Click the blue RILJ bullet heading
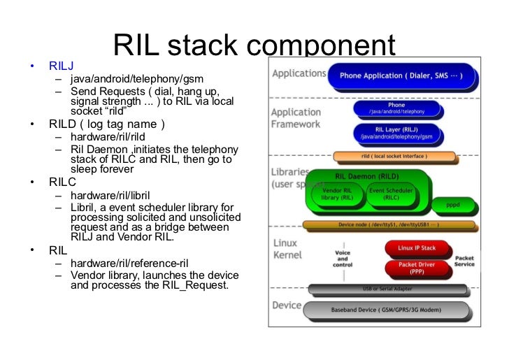(60, 66)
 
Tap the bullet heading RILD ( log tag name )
(106, 124)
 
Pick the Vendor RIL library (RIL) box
(336, 194)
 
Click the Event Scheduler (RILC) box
(391, 194)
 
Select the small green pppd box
(453, 206)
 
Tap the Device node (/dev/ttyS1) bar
(389, 226)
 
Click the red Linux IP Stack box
(417, 249)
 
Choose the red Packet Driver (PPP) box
(417, 268)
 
